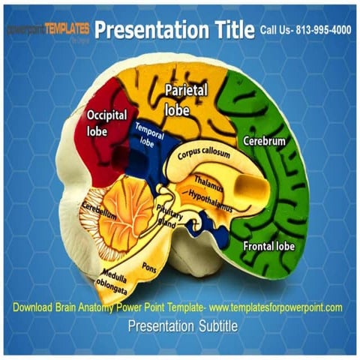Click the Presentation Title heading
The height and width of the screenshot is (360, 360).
pos(174,29)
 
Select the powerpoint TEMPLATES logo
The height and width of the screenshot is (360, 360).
pos(48,29)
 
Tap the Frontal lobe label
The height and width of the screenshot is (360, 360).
pos(269,245)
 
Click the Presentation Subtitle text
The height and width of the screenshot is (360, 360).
pos(182,326)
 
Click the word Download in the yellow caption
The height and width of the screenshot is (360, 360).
pos(37,307)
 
